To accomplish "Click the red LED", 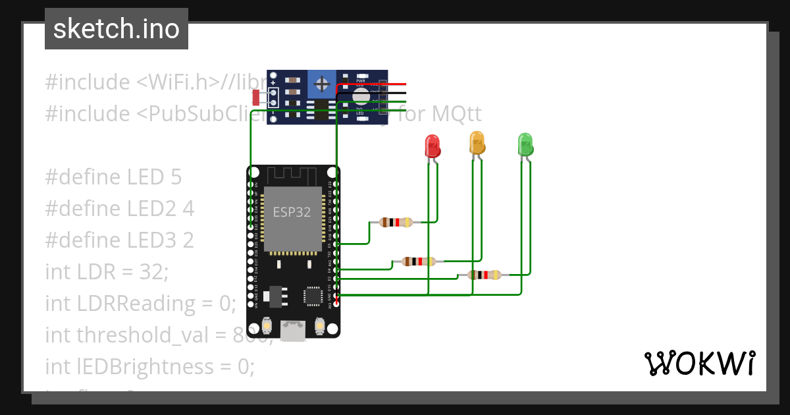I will [432, 145].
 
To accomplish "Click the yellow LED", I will [477, 142].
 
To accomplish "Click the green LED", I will [525, 144].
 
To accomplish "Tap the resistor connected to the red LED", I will [396, 223].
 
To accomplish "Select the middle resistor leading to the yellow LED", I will [419, 262].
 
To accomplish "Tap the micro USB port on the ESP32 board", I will [293, 329].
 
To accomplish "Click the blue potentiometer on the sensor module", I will [321, 84].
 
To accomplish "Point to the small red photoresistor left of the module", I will [257, 98].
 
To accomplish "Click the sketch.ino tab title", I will [116, 29].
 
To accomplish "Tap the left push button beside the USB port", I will [267, 325].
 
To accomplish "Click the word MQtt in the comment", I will [457, 114].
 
